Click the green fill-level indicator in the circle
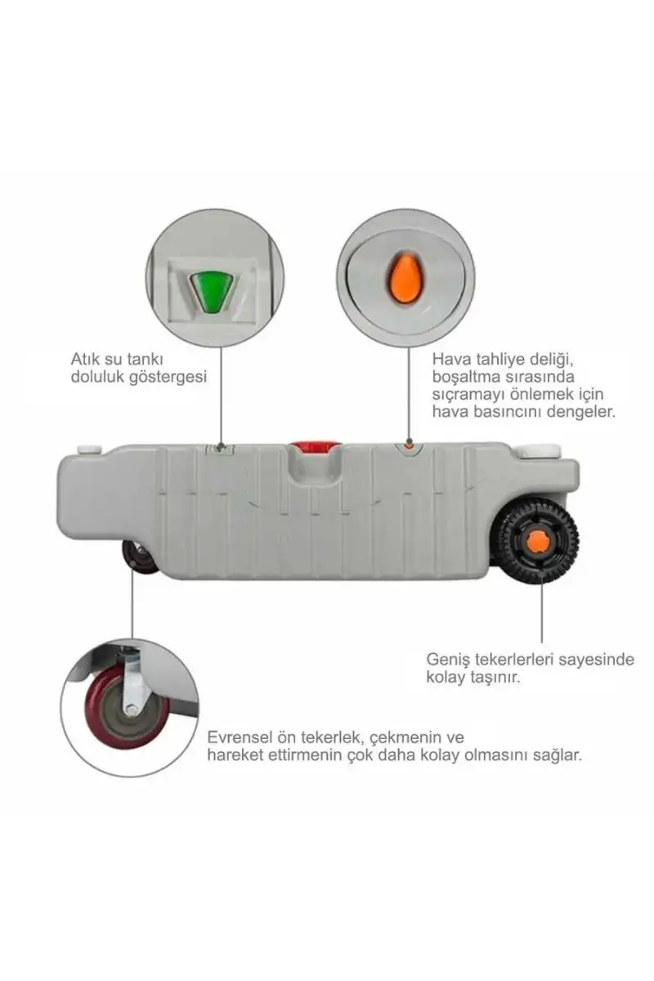point(213,292)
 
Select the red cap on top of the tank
point(314,447)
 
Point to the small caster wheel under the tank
point(139,556)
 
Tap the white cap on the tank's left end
point(89,449)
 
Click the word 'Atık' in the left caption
point(86,359)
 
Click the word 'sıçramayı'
point(465,395)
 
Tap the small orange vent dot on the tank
point(408,446)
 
